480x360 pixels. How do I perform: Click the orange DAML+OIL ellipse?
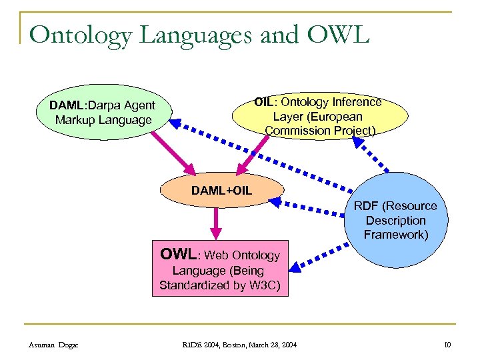coord(221,191)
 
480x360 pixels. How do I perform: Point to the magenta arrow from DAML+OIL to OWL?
coord(214,223)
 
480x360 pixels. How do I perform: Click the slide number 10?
coord(447,344)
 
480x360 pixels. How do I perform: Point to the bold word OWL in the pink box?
coord(178,254)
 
